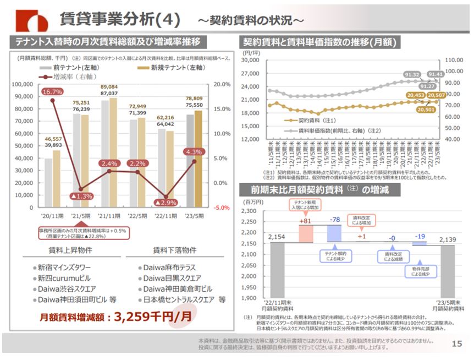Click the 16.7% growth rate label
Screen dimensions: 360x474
pyautogui.click(x=52, y=91)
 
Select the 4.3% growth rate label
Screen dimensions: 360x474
pyautogui.click(x=195, y=152)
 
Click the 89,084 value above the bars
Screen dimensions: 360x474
pyautogui.click(x=109, y=87)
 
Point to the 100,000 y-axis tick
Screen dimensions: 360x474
pyautogui.click(x=22, y=85)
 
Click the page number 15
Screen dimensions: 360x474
pyautogui.click(x=456, y=344)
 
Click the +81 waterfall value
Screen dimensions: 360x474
pyautogui.click(x=306, y=221)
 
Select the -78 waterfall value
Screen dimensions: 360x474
pyautogui.click(x=335, y=220)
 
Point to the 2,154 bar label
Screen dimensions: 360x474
pyautogui.click(x=277, y=237)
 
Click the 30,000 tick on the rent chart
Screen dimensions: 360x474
pyautogui.click(x=251, y=60)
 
